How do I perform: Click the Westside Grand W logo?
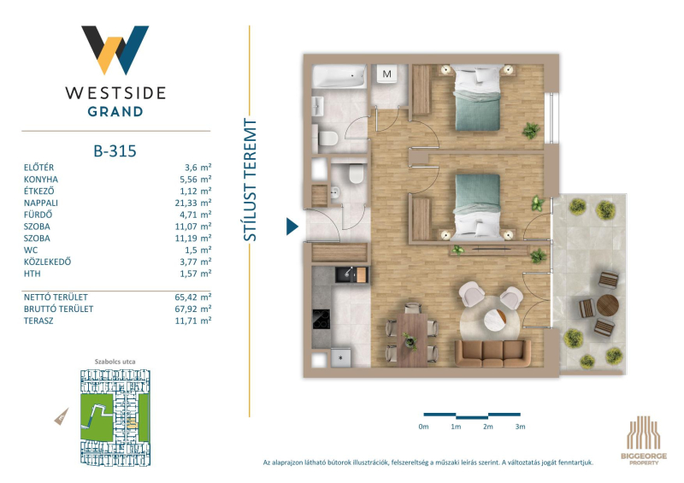[x=115, y=50]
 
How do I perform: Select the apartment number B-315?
[x=115, y=151]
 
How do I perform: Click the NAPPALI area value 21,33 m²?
[x=193, y=203]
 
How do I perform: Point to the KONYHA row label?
[x=40, y=180]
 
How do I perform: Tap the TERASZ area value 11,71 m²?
[x=193, y=321]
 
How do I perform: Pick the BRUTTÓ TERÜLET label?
[x=58, y=309]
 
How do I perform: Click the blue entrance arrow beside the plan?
[x=292, y=227]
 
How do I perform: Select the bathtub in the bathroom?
[x=339, y=76]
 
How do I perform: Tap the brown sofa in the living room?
[x=493, y=353]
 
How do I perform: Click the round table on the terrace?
[x=608, y=305]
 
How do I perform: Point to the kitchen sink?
[x=351, y=274]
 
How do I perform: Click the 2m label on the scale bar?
[x=488, y=427]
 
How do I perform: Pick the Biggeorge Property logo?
[x=644, y=440]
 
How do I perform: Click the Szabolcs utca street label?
[x=115, y=362]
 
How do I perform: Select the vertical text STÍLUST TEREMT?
[x=250, y=180]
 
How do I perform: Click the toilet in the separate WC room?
[x=357, y=174]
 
